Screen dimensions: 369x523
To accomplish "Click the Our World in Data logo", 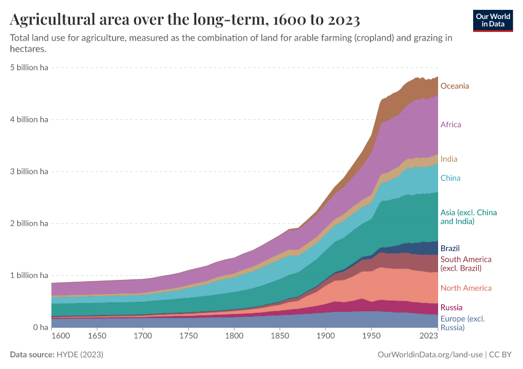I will (493, 20).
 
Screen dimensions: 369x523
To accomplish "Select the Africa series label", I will (451, 125).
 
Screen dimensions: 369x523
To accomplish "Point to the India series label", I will (449, 159).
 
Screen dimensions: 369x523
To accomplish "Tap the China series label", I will (450, 178).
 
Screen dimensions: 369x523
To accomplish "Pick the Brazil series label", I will (450, 248).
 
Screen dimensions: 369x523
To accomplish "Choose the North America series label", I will (466, 288).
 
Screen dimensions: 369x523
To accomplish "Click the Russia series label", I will (452, 307).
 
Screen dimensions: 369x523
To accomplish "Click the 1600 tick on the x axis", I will (61, 337).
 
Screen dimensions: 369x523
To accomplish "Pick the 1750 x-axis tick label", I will (188, 337).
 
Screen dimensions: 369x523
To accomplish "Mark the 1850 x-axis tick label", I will (279, 337).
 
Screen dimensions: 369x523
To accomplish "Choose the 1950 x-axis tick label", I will (370, 337).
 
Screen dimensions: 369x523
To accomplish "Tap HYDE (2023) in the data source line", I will (79, 355).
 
